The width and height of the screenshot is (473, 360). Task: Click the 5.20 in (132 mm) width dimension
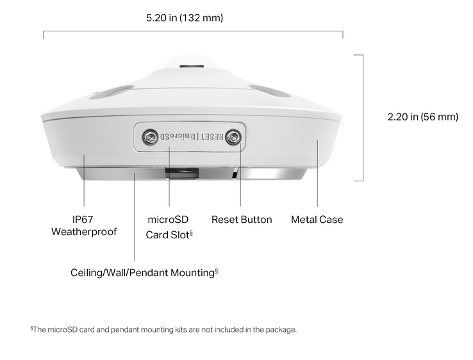tap(185, 18)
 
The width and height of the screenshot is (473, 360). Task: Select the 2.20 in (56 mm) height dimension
tap(422, 117)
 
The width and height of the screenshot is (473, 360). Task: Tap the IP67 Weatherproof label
tap(83, 225)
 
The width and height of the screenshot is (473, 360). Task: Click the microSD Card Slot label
tap(169, 227)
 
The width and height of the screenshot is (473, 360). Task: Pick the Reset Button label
tap(242, 220)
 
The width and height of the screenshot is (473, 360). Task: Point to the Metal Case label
tap(317, 220)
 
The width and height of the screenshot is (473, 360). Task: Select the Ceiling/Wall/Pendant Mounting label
tap(144, 273)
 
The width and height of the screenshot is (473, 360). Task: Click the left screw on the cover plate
tap(150, 137)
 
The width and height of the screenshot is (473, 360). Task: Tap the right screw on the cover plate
tap(233, 138)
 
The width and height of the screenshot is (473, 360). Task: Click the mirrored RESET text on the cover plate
tap(212, 137)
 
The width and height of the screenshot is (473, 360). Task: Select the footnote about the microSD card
tap(163, 329)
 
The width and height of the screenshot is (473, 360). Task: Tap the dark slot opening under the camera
tap(182, 174)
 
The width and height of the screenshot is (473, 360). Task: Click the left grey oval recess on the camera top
tap(112, 92)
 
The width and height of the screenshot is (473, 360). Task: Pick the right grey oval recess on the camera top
tap(270, 92)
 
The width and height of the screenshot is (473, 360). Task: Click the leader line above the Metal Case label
tap(317, 174)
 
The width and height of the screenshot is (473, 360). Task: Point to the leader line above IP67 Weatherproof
tap(84, 180)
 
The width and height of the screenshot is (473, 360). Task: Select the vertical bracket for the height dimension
tap(363, 118)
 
